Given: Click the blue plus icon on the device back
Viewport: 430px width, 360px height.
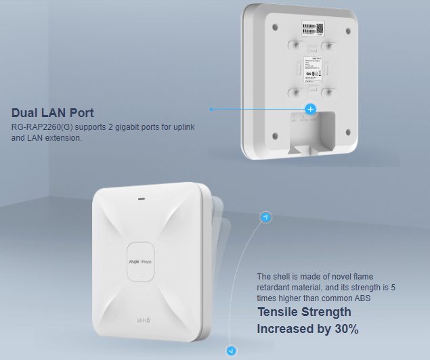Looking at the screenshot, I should pos(310,109).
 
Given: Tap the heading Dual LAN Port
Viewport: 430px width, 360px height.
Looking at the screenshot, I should pos(53,113).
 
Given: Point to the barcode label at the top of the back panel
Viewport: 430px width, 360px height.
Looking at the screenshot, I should pos(312,28).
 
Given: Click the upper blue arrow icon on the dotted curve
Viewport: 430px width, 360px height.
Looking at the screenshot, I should pos(265,217).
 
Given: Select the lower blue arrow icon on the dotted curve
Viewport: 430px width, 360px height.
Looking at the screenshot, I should pos(232,351).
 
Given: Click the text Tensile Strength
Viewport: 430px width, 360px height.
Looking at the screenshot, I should pos(304,312).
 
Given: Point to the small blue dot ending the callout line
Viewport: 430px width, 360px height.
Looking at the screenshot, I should pos(211,108).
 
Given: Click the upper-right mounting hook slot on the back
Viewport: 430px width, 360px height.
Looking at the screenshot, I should pos(330,46).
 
